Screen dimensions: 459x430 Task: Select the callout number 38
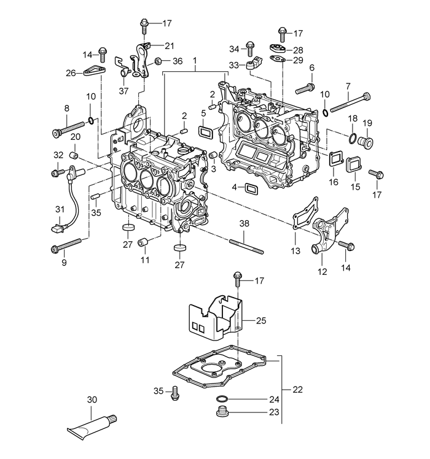click(x=244, y=225)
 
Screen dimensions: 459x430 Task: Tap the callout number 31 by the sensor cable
click(x=60, y=210)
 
